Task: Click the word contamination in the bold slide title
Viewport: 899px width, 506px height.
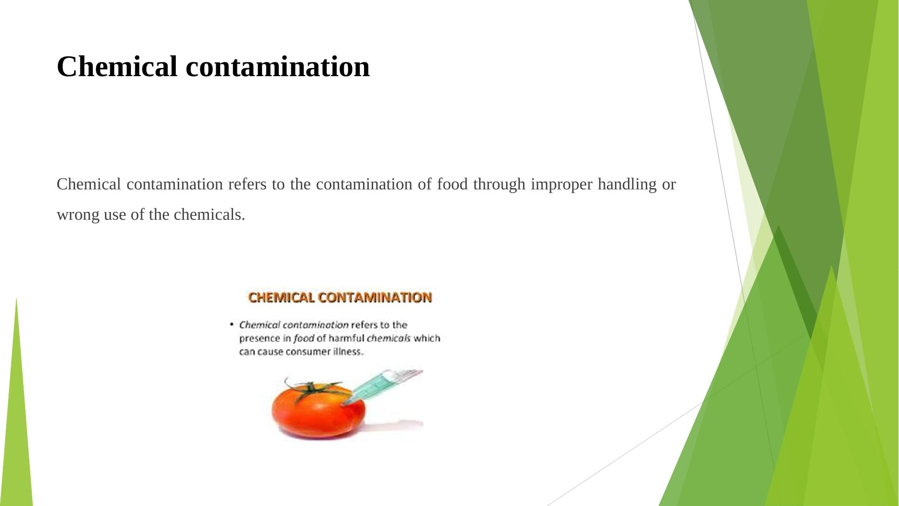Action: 278,67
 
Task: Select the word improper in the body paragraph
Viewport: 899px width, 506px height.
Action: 561,185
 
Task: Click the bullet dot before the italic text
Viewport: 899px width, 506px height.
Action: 232,324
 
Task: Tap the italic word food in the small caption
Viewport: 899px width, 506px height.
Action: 304,338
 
